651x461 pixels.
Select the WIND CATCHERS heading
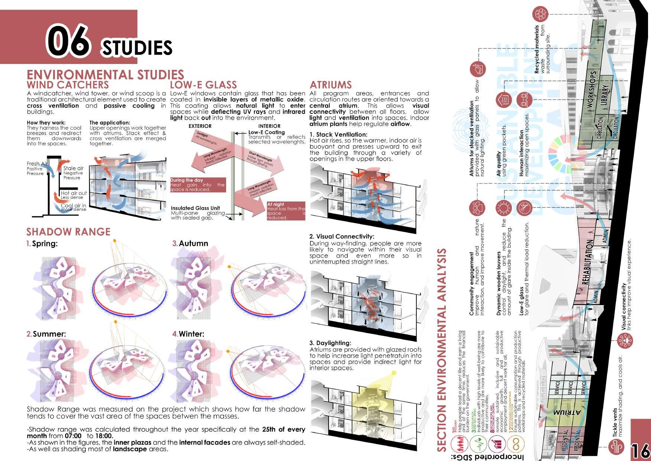(x=68, y=85)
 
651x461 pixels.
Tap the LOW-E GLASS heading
(x=203, y=85)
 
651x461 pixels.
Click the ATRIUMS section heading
(x=331, y=85)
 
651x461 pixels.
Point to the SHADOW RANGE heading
(x=68, y=232)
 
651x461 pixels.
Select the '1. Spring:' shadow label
(x=41, y=244)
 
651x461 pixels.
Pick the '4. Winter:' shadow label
(x=188, y=334)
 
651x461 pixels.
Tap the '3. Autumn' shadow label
(x=190, y=244)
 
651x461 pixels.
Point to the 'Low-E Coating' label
(x=266, y=132)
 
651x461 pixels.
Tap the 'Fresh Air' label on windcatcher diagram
(x=36, y=164)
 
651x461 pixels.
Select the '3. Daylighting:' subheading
(x=330, y=343)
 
